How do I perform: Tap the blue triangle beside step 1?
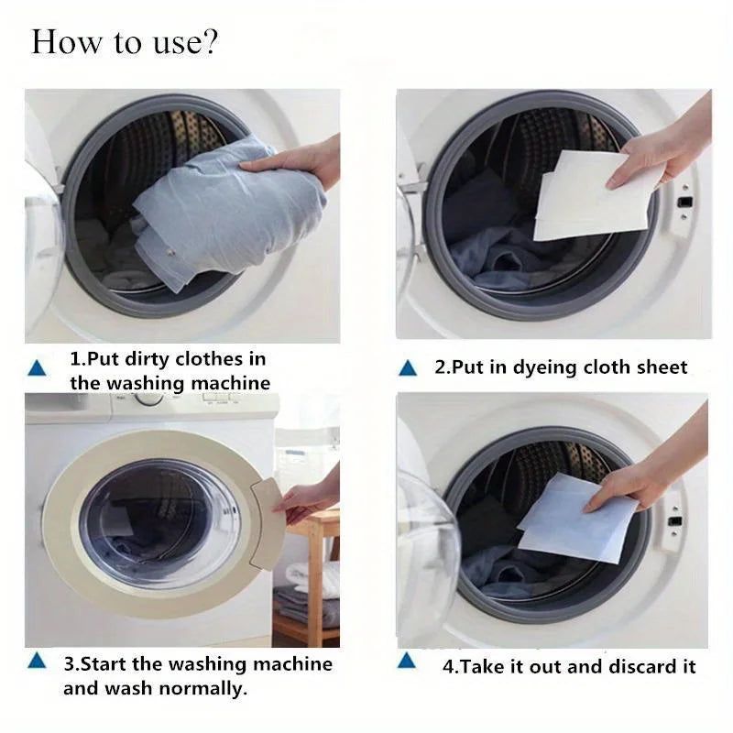click(x=38, y=369)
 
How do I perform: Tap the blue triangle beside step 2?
click(x=408, y=369)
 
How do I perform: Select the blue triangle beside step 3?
click(x=38, y=661)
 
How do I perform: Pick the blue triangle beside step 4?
click(x=408, y=661)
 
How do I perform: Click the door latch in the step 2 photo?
click(x=682, y=201)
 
